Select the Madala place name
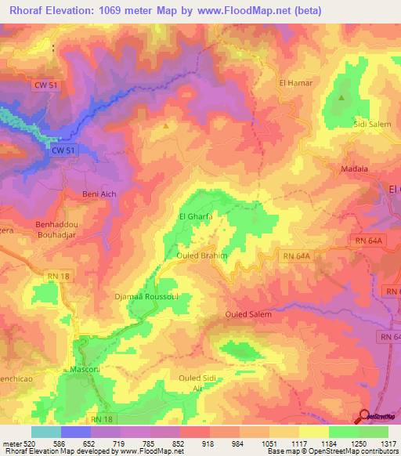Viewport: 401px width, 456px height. [355, 168]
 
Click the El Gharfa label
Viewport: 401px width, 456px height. [196, 217]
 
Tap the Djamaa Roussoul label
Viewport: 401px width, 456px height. [146, 297]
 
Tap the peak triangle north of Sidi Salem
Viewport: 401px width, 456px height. [342, 98]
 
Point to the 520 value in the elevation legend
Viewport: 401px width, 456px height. [29, 443]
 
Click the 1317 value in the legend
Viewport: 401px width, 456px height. [388, 443]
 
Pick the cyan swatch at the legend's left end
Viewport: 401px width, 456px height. [45, 432]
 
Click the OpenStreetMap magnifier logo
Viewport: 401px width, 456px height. [365, 417]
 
